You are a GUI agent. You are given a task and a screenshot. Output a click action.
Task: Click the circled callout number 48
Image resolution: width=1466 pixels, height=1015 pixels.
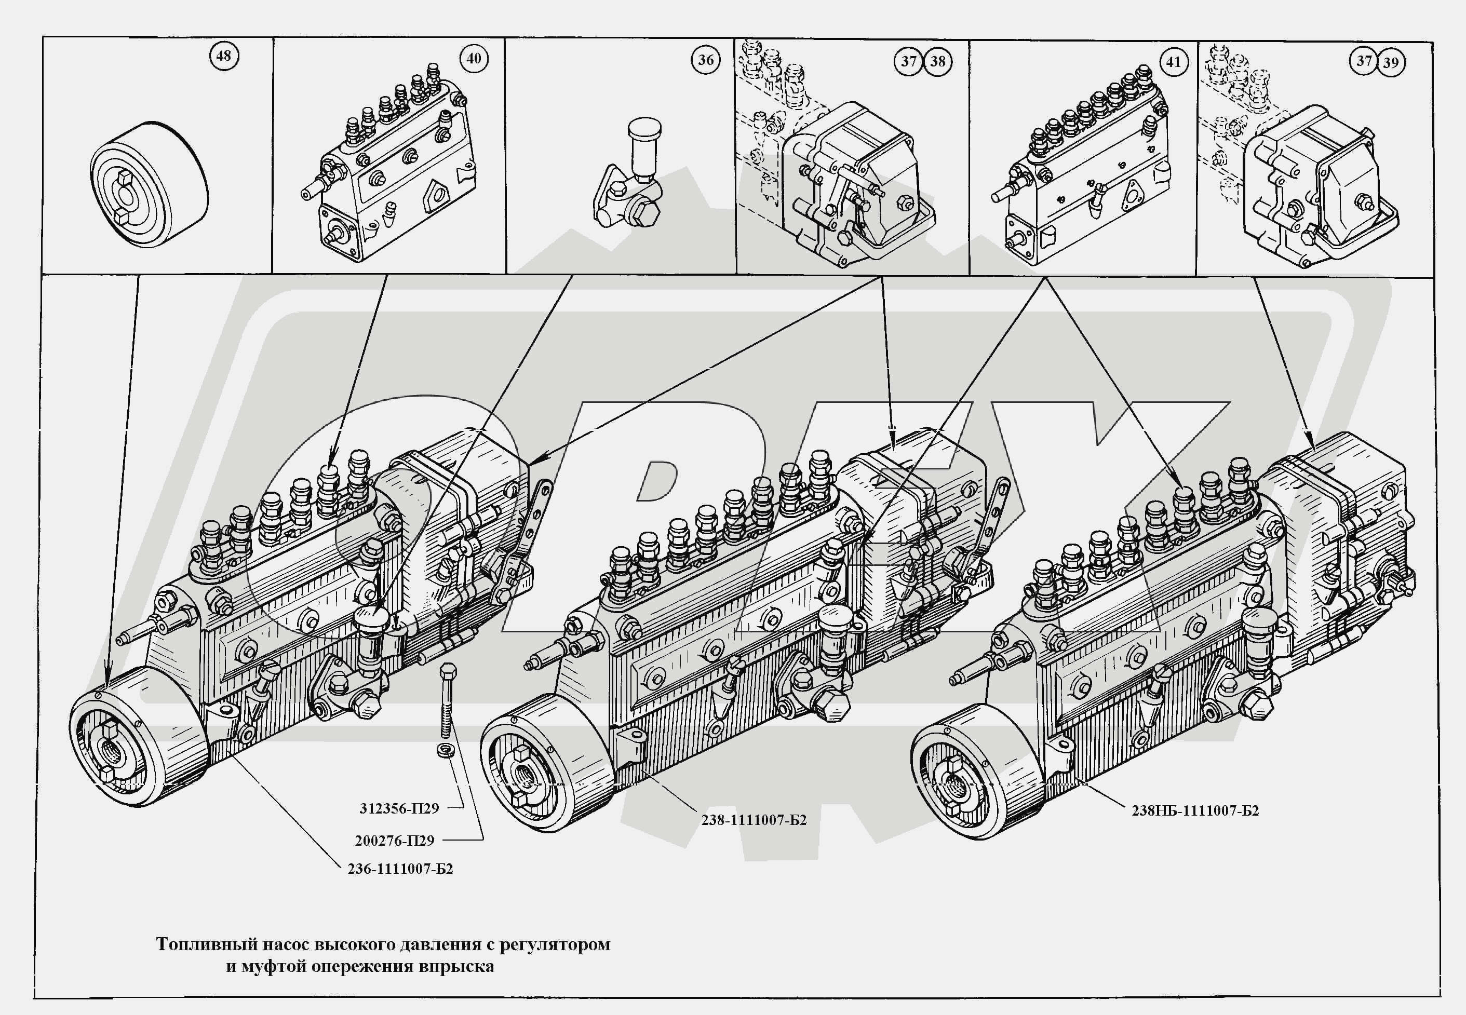pos(223,56)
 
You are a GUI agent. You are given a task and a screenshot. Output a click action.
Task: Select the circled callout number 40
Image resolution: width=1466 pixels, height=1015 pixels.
pos(474,59)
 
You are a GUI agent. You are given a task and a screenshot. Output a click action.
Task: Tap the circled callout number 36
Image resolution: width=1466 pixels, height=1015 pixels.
pos(705,60)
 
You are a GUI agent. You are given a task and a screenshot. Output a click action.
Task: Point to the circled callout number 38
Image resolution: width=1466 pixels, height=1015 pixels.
pos(937,62)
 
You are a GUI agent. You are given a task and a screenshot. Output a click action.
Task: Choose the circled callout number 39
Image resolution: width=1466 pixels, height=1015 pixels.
pos(1390,62)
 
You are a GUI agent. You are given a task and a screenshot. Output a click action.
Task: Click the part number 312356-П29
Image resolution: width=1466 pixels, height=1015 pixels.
pos(399,809)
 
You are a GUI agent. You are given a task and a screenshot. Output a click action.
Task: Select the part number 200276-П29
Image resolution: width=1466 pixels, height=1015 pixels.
pos(394,841)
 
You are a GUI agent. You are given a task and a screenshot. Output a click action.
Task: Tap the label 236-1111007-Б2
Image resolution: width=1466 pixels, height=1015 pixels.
pos(400,869)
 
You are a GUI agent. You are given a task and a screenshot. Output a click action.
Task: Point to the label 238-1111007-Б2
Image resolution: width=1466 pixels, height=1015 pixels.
pos(754,820)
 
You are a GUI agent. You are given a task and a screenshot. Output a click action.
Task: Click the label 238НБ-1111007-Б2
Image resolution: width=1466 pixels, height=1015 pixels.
pos(1195,811)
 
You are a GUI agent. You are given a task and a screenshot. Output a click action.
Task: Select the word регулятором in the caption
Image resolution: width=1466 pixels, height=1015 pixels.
pos(555,944)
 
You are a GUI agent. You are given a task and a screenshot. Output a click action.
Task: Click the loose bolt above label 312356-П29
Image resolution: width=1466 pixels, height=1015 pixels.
pos(446,699)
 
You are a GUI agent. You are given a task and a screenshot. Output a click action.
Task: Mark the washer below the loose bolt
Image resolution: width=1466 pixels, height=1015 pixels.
pos(445,749)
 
